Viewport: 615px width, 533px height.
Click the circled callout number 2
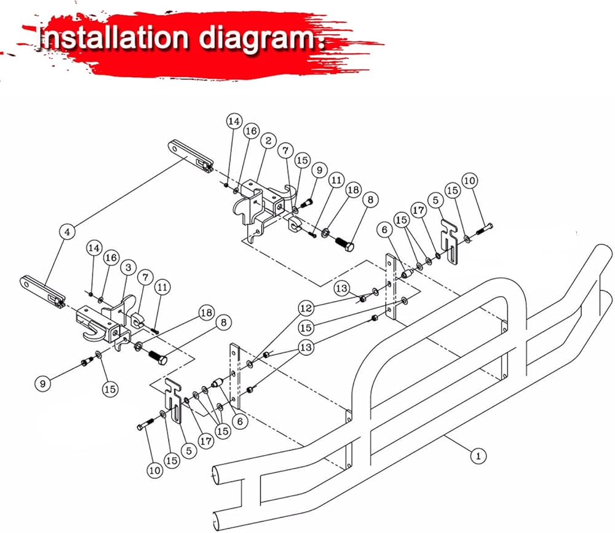pos(269,141)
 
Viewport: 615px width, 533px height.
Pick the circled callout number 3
pos(127,268)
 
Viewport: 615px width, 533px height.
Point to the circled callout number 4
pos(68,231)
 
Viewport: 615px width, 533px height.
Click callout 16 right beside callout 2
pos(250,131)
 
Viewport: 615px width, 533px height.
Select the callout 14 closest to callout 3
pos(93,248)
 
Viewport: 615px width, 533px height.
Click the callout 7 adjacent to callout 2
pos(285,149)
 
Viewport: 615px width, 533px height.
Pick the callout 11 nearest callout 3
pos(162,286)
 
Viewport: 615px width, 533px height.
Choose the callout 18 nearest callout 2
pos(353,190)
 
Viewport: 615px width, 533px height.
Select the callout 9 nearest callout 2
pos(318,169)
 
